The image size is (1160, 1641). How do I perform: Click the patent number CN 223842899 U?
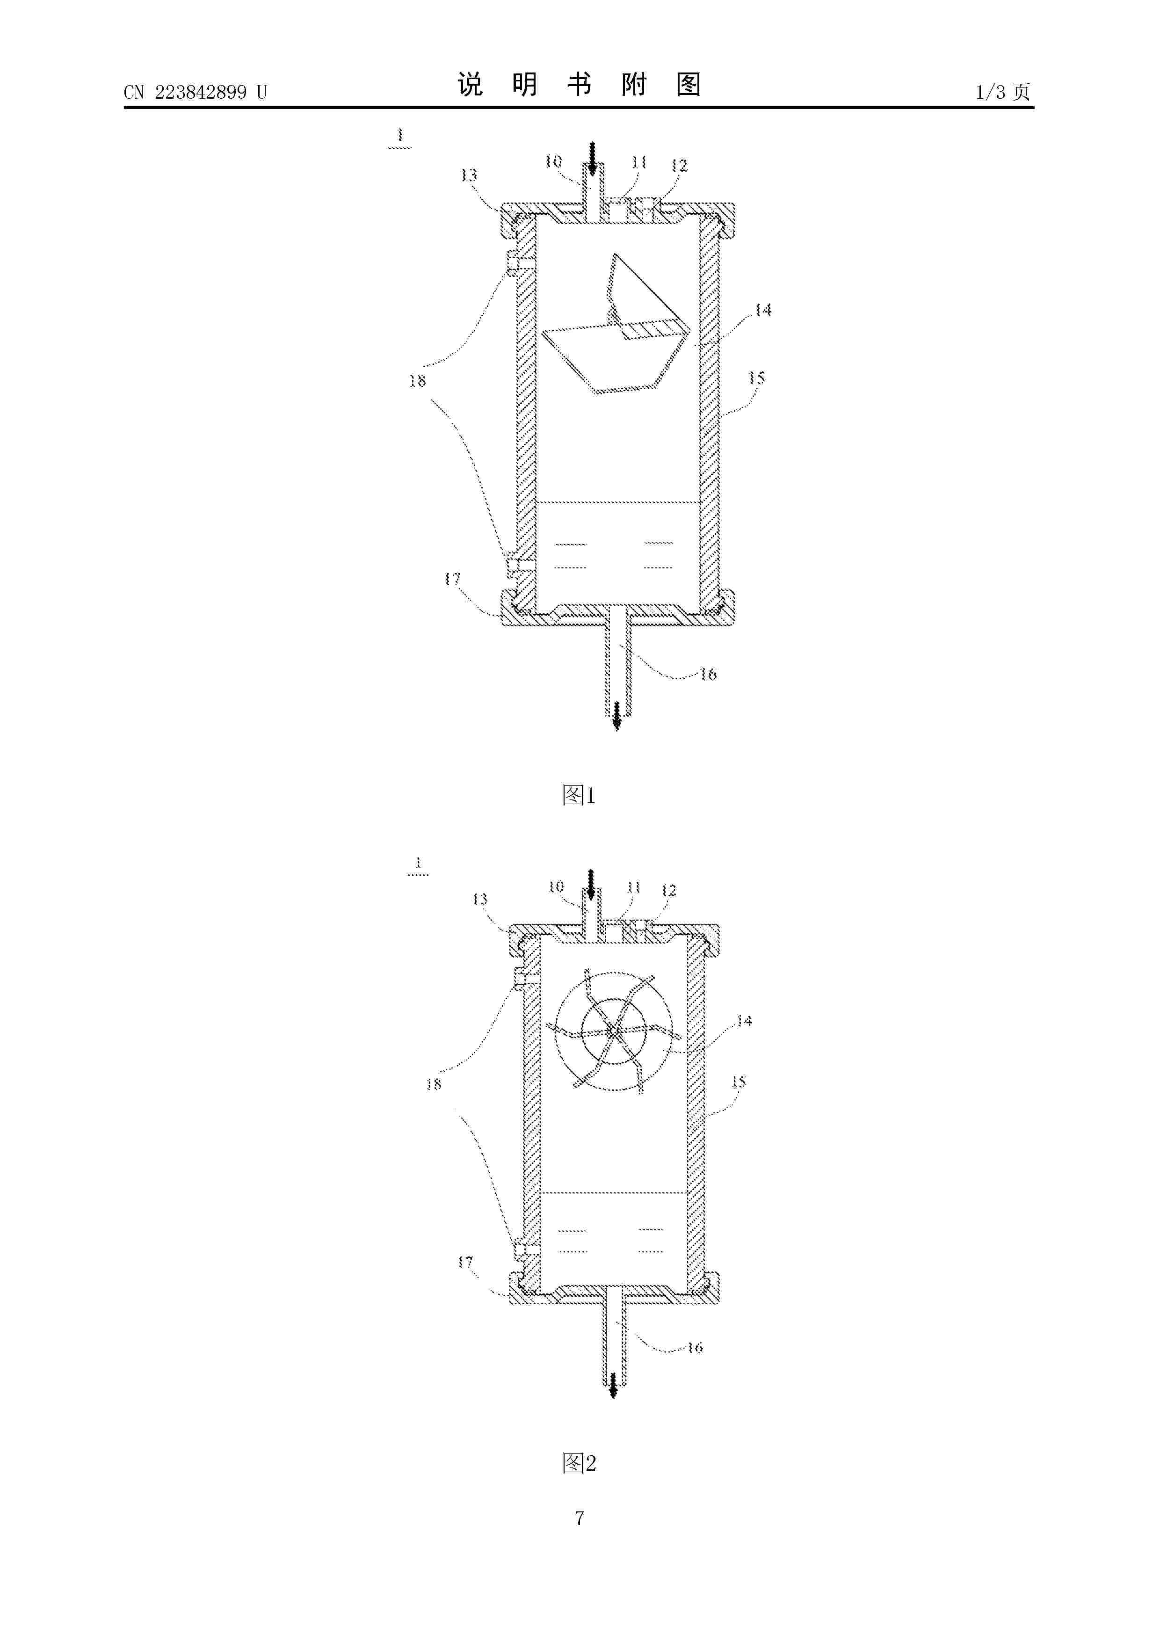(195, 92)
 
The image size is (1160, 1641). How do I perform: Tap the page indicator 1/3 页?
(1003, 92)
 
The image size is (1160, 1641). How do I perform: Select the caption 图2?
(579, 1463)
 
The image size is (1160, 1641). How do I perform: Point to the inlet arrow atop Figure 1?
(592, 158)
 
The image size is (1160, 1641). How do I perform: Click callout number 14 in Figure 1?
(763, 310)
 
